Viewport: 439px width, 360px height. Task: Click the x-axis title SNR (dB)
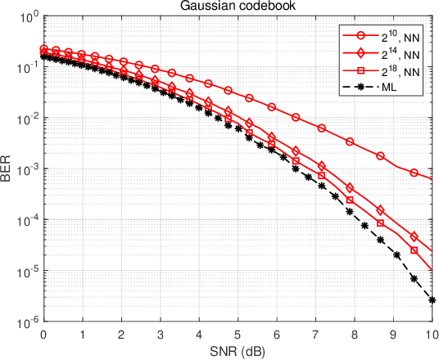coord(237,352)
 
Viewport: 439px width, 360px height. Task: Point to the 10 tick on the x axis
coord(431,335)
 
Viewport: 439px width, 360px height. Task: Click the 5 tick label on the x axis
coord(238,335)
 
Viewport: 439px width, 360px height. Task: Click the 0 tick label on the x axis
coord(43,335)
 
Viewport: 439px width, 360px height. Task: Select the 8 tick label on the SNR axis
coord(354,335)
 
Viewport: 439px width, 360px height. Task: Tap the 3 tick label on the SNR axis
coord(160,335)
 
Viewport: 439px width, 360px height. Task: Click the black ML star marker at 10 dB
coord(431,300)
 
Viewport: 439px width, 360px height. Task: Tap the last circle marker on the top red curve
coord(414,173)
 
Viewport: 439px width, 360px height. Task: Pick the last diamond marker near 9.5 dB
coord(414,236)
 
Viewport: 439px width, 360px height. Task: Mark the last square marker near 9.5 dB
coord(414,250)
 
